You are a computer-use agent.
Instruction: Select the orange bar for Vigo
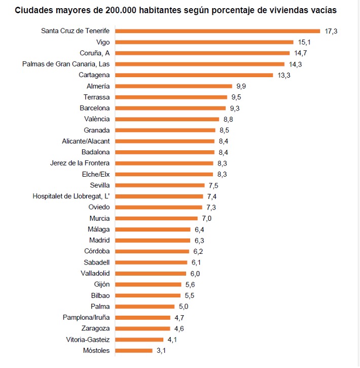(x=204, y=42)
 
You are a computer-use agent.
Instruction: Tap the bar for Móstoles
(x=134, y=350)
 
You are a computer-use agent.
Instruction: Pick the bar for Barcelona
(x=170, y=108)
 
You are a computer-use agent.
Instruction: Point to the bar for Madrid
(x=153, y=240)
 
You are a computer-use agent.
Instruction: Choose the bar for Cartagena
(x=194, y=75)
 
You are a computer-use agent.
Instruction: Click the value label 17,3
(x=331, y=31)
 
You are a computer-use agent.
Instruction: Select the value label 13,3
(x=284, y=75)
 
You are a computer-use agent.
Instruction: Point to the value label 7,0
(x=206, y=218)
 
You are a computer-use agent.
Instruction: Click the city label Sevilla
(x=99, y=185)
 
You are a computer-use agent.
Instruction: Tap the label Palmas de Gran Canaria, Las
(x=66, y=64)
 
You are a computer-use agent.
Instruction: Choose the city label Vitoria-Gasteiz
(x=88, y=340)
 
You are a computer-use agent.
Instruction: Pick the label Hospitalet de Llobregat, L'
(x=71, y=196)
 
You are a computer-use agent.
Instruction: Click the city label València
(x=97, y=119)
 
